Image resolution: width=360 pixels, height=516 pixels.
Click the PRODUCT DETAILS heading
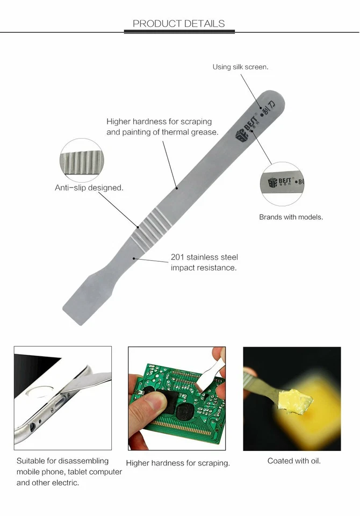point(179,23)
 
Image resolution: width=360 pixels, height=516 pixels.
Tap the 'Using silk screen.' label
point(240,67)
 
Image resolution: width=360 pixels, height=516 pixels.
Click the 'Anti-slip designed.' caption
point(89,188)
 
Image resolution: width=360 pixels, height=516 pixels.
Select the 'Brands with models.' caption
point(291,217)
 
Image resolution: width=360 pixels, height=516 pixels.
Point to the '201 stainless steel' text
point(204,257)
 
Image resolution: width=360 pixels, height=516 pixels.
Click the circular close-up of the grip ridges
point(80,160)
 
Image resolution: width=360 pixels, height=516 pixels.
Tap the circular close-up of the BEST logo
point(283,183)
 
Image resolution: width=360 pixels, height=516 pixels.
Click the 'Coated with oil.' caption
point(294,461)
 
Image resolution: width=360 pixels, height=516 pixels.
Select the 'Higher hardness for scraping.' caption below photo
point(178,463)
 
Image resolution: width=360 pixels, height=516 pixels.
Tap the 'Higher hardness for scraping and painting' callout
point(162,127)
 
